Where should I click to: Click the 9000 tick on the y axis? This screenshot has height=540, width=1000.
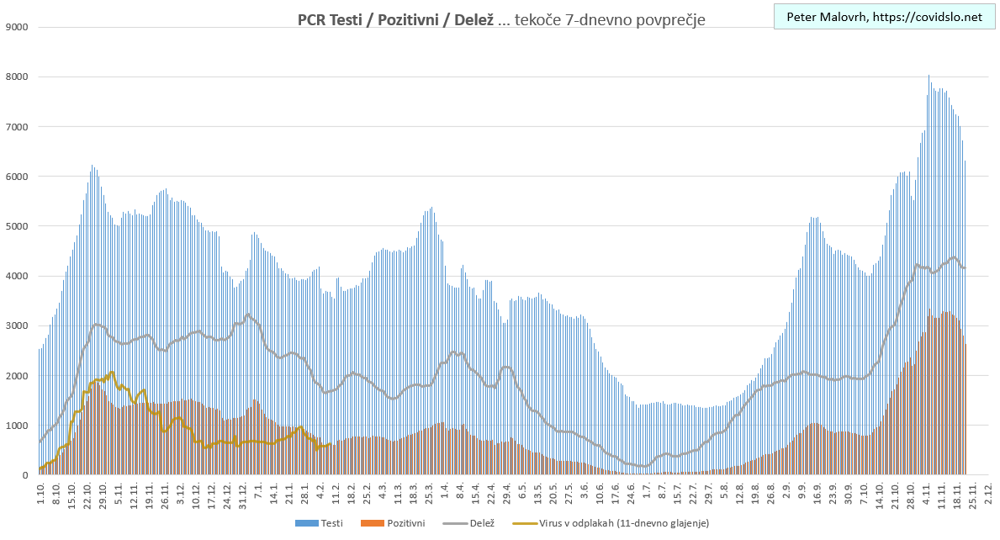click(x=17, y=27)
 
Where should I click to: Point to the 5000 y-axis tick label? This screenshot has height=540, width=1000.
click(x=17, y=226)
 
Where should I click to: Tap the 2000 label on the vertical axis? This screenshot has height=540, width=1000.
click(x=17, y=375)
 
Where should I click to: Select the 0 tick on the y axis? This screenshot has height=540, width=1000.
click(x=25, y=475)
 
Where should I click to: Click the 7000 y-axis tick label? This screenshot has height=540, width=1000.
click(x=17, y=127)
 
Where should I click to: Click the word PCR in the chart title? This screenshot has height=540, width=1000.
click(x=314, y=19)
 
